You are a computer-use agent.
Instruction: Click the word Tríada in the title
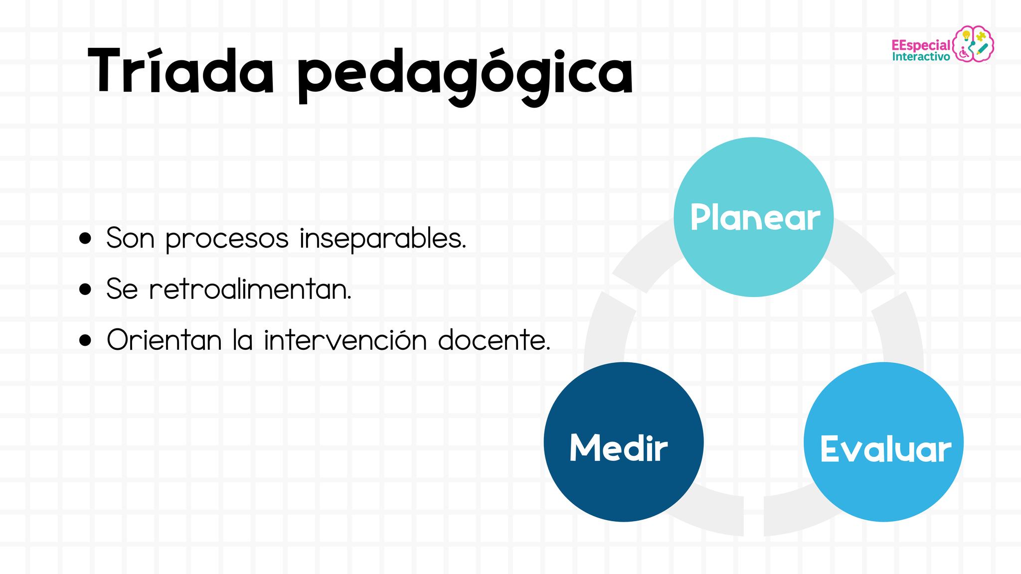(x=181, y=71)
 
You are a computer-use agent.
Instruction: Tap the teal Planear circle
(x=754, y=217)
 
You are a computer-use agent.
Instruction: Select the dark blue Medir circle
(x=624, y=442)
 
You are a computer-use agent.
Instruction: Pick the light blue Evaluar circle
(x=884, y=442)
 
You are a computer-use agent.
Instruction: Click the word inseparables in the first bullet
(x=383, y=238)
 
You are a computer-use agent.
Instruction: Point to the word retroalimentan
(x=250, y=289)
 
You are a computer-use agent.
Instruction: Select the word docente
(x=494, y=340)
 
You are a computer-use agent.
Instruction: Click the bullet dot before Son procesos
(x=86, y=239)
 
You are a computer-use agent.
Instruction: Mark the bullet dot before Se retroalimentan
(x=86, y=289)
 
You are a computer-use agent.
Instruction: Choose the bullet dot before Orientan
(x=86, y=340)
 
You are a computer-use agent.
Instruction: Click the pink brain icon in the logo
(x=974, y=44)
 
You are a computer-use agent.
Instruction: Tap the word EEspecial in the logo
(x=921, y=45)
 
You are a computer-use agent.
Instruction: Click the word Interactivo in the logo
(x=921, y=57)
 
